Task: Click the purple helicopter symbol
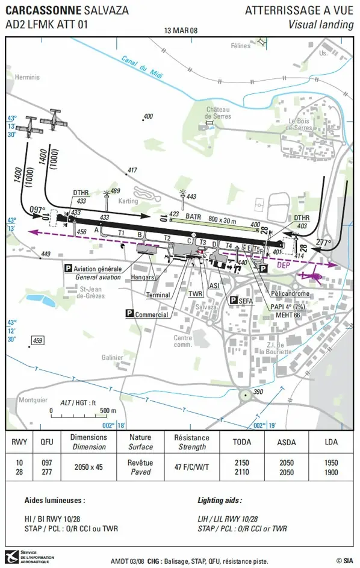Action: (x=312, y=276)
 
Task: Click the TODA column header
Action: (x=241, y=442)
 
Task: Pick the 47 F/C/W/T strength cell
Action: (x=191, y=467)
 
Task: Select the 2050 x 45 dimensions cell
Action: (x=88, y=467)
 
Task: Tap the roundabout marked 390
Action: (x=246, y=395)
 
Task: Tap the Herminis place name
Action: (x=26, y=77)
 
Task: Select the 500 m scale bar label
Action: (x=108, y=411)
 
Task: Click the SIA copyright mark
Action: (x=344, y=560)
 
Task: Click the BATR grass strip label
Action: (x=193, y=216)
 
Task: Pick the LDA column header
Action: (x=330, y=442)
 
